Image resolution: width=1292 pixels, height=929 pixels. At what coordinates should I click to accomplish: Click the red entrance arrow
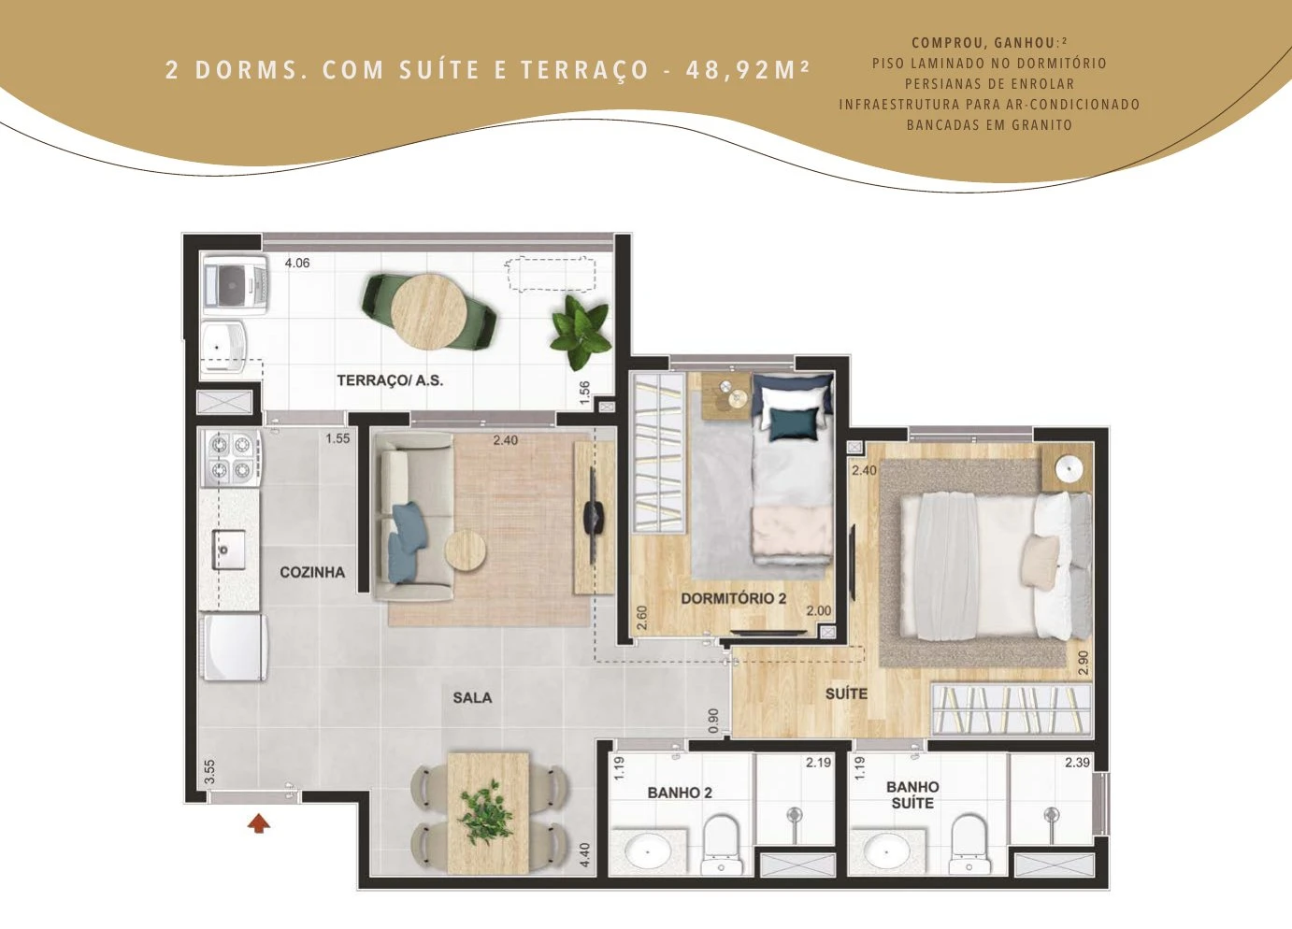[x=259, y=822]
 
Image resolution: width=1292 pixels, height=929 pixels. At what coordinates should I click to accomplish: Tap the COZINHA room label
[x=312, y=572]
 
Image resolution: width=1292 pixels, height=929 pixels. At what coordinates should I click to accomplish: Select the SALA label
[x=472, y=698]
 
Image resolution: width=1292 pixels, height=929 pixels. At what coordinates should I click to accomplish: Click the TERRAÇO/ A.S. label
[x=390, y=380]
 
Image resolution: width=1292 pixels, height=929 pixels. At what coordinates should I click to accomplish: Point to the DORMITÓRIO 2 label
[x=733, y=598]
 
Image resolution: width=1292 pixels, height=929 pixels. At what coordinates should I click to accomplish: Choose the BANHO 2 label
[x=680, y=793]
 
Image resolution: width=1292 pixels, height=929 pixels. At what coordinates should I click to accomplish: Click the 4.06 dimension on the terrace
[x=297, y=263]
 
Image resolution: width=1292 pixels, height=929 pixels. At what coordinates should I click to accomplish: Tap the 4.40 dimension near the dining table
[x=585, y=854]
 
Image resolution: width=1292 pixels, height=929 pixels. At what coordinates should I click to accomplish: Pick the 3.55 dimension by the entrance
[x=210, y=772]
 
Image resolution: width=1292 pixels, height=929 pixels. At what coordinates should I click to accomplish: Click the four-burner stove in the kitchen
[x=230, y=459]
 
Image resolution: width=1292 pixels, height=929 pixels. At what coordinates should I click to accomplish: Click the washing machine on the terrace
[x=236, y=285]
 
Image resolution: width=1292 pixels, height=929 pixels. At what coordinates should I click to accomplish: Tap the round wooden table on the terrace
[x=428, y=311]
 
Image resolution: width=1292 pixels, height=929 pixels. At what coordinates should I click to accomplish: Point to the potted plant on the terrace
[x=581, y=333]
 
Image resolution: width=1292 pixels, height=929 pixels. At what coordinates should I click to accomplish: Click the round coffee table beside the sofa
[x=466, y=550]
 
